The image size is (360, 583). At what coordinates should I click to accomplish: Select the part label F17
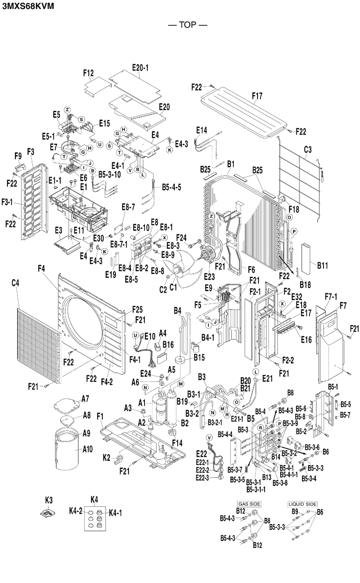(257, 96)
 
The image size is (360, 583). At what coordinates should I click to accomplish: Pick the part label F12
(89, 73)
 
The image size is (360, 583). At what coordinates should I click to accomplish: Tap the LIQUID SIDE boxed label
(302, 504)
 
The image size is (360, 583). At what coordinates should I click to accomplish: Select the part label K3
(49, 500)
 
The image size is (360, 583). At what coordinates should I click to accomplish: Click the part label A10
(88, 450)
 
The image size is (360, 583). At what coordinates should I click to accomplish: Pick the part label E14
(202, 130)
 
